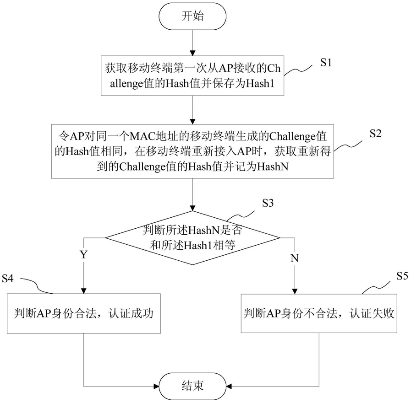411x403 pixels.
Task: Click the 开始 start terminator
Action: point(192,16)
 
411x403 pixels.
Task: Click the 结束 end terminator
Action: point(192,386)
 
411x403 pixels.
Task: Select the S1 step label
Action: point(326,63)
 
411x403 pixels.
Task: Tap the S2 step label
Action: point(375,134)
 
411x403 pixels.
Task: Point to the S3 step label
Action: point(268,203)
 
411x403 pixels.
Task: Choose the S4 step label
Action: point(8,279)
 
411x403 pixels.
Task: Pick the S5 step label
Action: point(402,276)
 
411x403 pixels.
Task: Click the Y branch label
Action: point(83,254)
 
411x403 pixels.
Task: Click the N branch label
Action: point(295,258)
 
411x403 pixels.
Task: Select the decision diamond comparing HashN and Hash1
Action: point(192,238)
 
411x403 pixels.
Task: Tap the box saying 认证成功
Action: point(83,313)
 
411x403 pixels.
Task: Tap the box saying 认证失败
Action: point(319,313)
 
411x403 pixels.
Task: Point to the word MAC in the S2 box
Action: point(142,136)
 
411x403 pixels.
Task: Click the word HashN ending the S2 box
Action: point(273,167)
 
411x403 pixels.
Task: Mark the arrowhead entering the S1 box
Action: point(192,53)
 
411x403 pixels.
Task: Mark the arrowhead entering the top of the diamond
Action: point(192,208)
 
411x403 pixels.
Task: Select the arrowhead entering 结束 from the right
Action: point(229,386)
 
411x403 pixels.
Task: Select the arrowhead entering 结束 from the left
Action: point(156,386)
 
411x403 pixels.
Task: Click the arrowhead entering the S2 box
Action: point(192,121)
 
